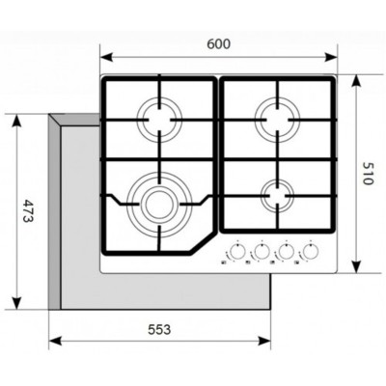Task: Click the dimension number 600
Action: click(220, 44)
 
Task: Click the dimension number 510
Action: click(367, 174)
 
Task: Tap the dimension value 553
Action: click(160, 329)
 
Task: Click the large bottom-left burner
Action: click(156, 202)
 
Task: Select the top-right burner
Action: click(278, 121)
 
